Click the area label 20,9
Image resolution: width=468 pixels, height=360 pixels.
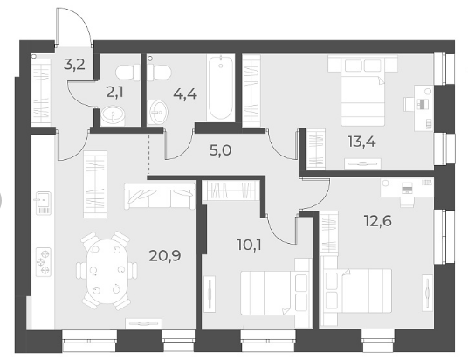click(x=165, y=256)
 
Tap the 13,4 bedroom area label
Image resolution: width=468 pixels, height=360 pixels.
click(x=361, y=141)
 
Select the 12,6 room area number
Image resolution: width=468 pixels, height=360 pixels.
click(x=377, y=221)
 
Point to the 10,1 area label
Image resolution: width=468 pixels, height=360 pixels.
click(x=249, y=246)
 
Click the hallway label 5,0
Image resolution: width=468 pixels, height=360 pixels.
click(x=220, y=150)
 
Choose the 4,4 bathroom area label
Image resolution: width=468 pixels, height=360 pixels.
click(x=185, y=94)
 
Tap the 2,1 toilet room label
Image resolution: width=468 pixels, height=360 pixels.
click(x=114, y=93)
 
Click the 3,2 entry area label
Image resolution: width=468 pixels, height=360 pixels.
click(x=74, y=65)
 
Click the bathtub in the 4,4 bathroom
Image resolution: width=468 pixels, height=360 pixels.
click(x=221, y=88)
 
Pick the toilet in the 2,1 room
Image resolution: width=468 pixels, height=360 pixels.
click(x=128, y=73)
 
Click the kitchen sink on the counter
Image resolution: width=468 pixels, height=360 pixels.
click(x=44, y=203)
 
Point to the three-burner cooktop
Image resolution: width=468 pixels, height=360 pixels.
click(x=44, y=262)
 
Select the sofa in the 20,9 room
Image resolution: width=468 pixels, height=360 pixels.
click(x=160, y=197)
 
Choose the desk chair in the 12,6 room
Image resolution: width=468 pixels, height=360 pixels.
click(x=407, y=202)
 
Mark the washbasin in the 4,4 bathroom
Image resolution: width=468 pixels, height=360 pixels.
click(x=158, y=112)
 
